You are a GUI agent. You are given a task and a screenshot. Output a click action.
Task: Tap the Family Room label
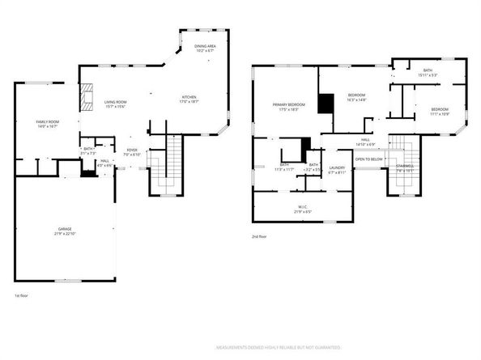pos(47,124)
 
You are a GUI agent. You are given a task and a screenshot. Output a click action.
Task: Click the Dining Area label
pos(204,48)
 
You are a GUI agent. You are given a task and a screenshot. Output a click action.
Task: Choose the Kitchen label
pos(189,100)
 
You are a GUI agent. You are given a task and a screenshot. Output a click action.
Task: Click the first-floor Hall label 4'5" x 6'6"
pos(104,163)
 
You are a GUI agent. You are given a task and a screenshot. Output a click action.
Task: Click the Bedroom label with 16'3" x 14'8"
pos(357,96)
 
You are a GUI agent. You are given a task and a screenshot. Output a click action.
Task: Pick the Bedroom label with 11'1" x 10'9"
pos(440,110)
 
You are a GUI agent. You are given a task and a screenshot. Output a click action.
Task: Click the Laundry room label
pos(337,169)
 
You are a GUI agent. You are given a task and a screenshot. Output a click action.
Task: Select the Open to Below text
pos(368,159)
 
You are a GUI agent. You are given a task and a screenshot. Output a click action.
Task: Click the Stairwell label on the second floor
pos(405,168)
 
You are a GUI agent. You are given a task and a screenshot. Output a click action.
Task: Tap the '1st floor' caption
pos(22,296)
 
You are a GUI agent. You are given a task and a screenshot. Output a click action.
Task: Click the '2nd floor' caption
pos(261,236)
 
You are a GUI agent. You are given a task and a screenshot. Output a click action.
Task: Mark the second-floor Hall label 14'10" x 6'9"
pos(366,142)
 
